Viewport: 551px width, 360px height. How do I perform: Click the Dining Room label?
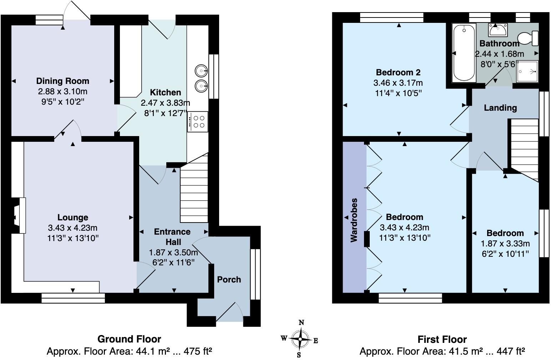pyautogui.click(x=63, y=81)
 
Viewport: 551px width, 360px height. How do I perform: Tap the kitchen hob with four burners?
pyautogui.click(x=197, y=122)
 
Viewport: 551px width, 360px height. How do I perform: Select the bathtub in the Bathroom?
pyautogui.click(x=464, y=53)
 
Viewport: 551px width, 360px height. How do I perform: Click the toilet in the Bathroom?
pyautogui.click(x=528, y=39)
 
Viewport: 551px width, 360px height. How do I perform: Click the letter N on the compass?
pyautogui.click(x=301, y=322)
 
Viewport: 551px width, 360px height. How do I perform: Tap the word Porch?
pyautogui.click(x=229, y=280)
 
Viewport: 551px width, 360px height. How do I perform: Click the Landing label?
pyautogui.click(x=500, y=108)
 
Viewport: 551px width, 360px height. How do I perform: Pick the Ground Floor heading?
pyautogui.click(x=129, y=339)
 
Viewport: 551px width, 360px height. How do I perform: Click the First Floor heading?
pyautogui.click(x=442, y=340)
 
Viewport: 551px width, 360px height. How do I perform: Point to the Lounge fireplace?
pyautogui.click(x=19, y=215)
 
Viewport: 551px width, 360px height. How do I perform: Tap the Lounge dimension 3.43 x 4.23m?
pyautogui.click(x=72, y=228)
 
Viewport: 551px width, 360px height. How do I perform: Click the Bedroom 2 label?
pyautogui.click(x=398, y=72)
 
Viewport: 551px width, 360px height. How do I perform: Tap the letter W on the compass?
pyautogui.click(x=284, y=338)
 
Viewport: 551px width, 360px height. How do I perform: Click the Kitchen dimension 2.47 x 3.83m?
pyautogui.click(x=165, y=103)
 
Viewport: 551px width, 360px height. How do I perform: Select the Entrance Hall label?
pyautogui.click(x=172, y=237)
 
